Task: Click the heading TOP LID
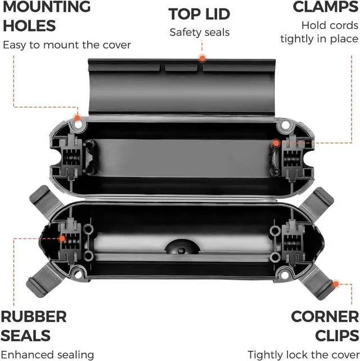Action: point(199,14)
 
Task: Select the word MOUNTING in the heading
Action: point(45,7)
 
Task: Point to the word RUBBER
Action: point(33,317)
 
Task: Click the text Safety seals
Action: point(199,32)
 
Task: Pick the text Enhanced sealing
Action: point(47,354)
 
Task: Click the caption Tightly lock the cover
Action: point(303,354)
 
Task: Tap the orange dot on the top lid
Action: point(201,57)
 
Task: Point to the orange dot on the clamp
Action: point(276,144)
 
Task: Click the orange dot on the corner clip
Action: point(336,284)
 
